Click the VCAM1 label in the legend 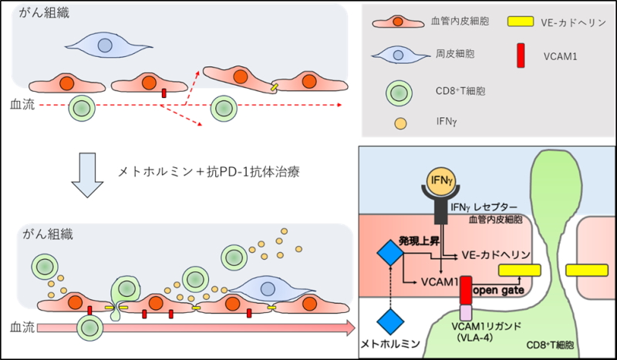tap(560, 56)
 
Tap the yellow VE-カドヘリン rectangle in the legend tap(520, 22)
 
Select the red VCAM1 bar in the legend tap(521, 56)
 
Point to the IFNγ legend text tap(447, 121)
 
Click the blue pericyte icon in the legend tap(400, 56)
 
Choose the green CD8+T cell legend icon tap(400, 93)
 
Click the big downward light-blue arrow tap(87, 175)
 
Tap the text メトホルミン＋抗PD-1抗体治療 tap(208, 172)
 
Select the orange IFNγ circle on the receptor tap(442, 180)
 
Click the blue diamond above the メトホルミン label tap(390, 321)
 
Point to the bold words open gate tap(498, 291)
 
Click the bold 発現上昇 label tap(419, 241)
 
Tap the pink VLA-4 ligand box tap(466, 312)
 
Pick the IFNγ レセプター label tap(484, 207)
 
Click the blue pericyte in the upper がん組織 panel tap(107, 45)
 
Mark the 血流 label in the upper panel tap(22, 105)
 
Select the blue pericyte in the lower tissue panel tap(271, 290)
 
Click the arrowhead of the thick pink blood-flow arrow tap(350, 328)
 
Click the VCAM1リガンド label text tap(487, 326)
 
